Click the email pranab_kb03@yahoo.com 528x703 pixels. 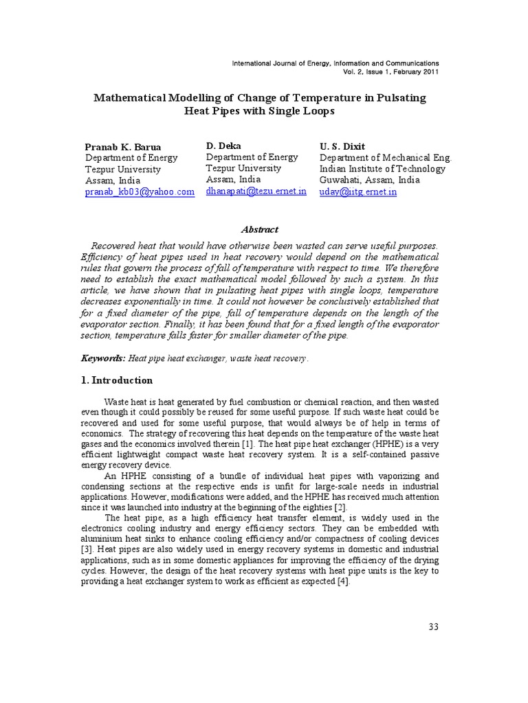point(140,192)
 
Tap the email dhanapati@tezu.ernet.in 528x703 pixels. point(256,192)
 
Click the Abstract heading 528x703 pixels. point(260,230)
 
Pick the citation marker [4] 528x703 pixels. point(342,582)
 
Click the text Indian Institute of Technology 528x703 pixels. point(382,169)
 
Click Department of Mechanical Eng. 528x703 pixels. point(386,157)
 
